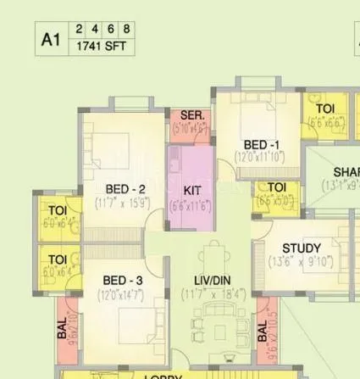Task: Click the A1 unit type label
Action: [52, 37]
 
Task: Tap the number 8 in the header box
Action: [128, 28]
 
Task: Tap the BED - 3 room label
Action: [123, 281]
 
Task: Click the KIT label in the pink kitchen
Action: [192, 190]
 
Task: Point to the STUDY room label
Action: [302, 248]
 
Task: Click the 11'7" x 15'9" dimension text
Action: [125, 203]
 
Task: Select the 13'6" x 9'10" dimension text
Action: [302, 262]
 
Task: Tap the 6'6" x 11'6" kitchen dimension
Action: [191, 205]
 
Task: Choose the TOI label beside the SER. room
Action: [325, 109]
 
